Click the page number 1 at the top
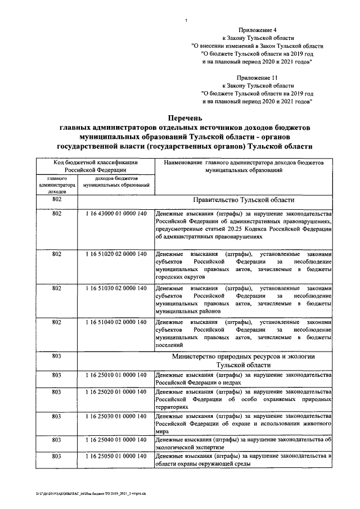186,21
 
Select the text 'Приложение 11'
257,74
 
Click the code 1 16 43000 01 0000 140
116,214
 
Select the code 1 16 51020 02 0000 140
116,254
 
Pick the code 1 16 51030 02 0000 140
116,288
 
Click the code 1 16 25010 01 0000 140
116,375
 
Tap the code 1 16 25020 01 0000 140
116,391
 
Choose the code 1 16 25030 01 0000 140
116,415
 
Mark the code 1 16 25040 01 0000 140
116,439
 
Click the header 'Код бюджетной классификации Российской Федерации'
95,165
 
